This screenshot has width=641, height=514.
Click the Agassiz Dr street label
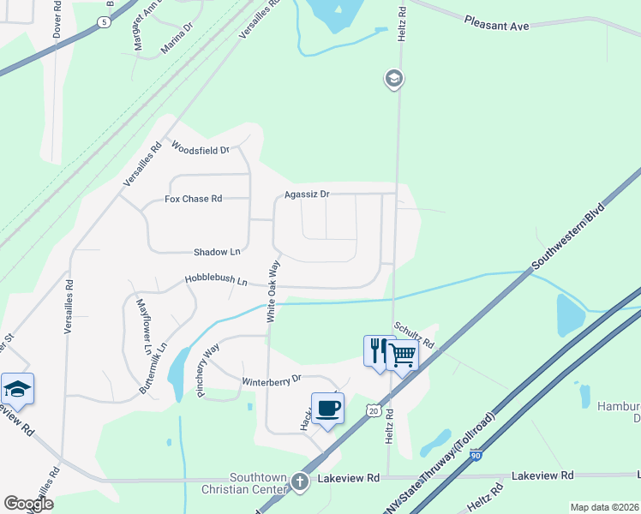coord(307,194)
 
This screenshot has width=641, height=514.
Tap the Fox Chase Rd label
coord(193,199)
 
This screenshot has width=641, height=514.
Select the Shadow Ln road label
coord(217,252)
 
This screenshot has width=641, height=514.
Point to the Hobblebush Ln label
coord(216,280)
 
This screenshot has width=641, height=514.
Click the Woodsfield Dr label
coord(201,149)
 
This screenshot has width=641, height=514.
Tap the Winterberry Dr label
coord(273,379)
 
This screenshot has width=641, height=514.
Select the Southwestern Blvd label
coord(568,237)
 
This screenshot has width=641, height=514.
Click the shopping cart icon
coord(402,354)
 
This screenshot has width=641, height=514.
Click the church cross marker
coord(300,481)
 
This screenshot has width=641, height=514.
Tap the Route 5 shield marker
coord(104,21)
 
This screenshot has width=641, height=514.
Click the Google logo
coord(28,504)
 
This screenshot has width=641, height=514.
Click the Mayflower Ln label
coord(143,326)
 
